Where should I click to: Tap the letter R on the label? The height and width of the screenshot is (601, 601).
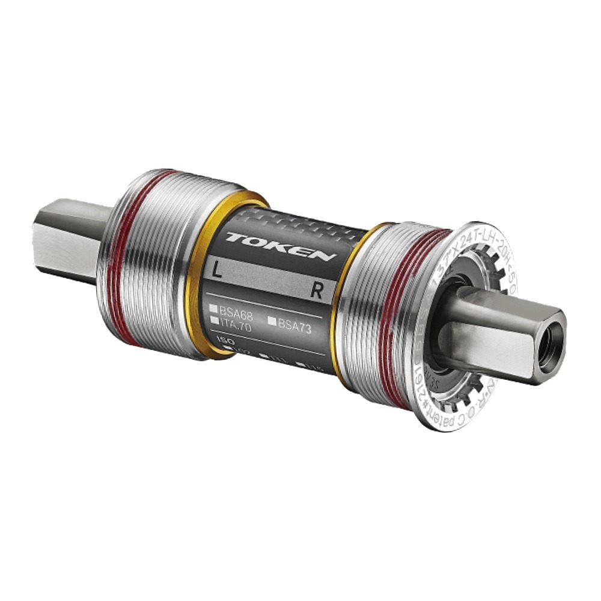tap(317, 292)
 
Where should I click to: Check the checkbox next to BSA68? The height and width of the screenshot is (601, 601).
tap(213, 309)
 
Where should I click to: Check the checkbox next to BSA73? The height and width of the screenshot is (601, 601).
tap(272, 322)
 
